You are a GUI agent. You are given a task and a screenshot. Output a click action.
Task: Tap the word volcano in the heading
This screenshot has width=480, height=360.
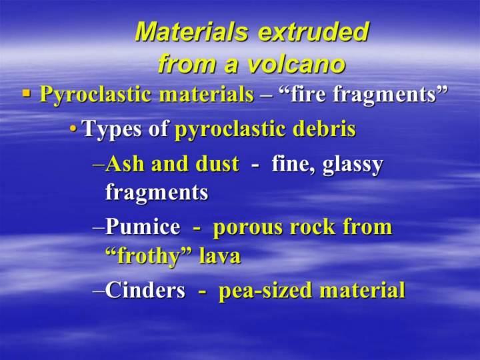click(x=296, y=64)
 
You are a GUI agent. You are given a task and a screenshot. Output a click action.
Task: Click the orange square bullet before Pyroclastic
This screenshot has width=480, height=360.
click(x=27, y=93)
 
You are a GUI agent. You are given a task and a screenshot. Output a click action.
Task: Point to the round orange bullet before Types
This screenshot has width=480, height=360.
click(x=73, y=128)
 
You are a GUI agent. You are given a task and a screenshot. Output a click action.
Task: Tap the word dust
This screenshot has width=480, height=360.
click(x=217, y=163)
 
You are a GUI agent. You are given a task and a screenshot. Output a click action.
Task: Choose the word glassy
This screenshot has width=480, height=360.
click(x=353, y=165)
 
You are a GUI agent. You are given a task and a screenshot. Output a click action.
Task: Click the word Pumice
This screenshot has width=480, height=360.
click(x=143, y=227)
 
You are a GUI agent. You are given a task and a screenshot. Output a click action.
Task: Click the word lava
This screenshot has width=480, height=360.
click(x=220, y=255)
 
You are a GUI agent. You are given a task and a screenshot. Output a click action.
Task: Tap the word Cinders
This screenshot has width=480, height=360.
click(x=145, y=289)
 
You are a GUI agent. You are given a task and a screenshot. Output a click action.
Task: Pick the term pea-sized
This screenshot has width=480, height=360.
click(x=266, y=291)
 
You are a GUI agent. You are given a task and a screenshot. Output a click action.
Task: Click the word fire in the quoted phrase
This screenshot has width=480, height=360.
click(x=306, y=93)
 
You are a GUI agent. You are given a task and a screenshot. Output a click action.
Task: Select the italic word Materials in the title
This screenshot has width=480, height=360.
click(x=191, y=31)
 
